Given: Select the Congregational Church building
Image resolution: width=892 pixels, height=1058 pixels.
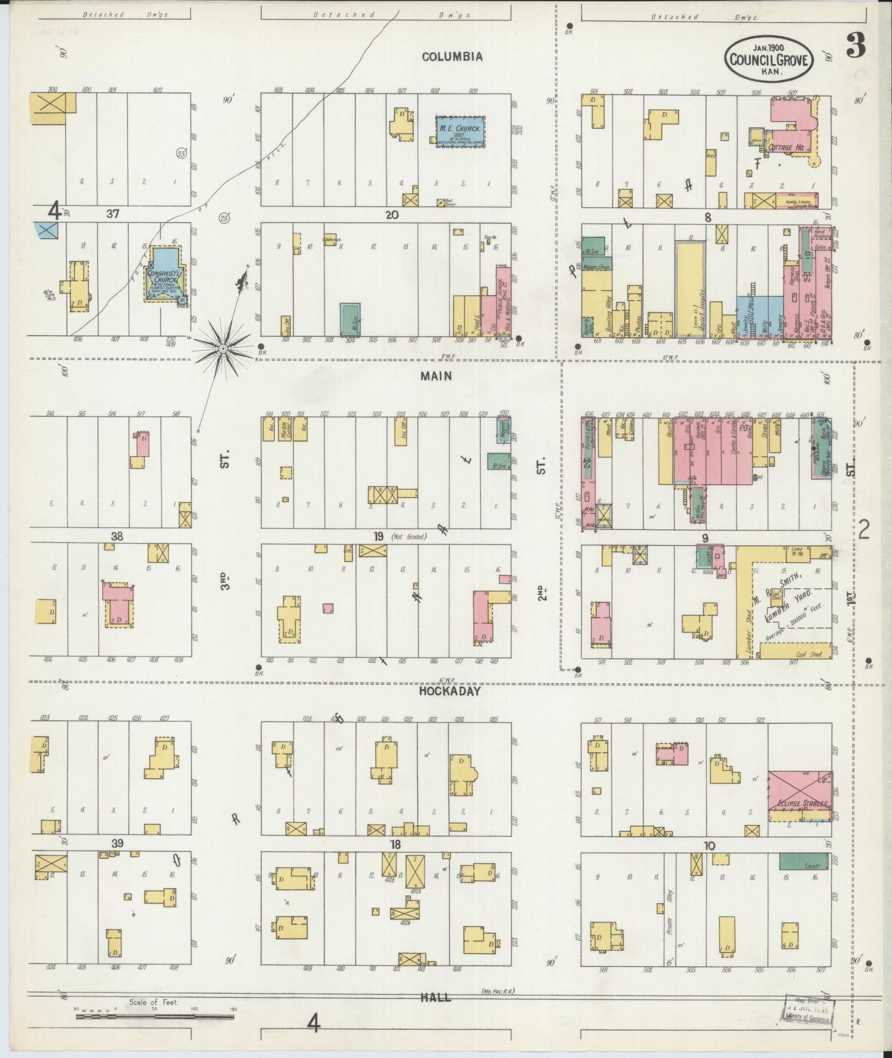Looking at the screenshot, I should pos(164,275).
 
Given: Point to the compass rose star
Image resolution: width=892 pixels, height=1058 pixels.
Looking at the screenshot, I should pos(223,349).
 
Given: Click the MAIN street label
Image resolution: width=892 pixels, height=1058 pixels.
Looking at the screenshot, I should pos(437,376).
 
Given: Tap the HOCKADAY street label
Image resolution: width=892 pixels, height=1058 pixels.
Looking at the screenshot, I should pos(449,691).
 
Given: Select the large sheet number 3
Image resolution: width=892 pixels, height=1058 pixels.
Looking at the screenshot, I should pos(855,46).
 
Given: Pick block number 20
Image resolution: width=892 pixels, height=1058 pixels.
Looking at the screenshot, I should pos(391,215).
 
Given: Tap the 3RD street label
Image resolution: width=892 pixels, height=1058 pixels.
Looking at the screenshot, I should pos(225,582).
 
